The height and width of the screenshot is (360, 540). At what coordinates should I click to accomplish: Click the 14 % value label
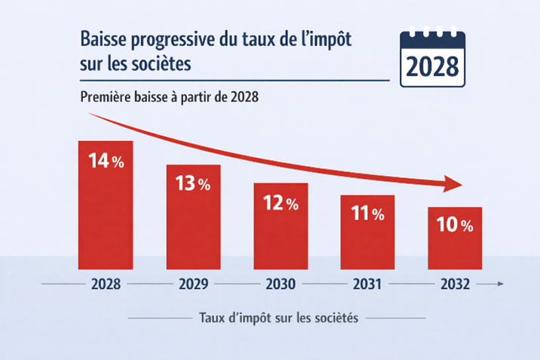106,162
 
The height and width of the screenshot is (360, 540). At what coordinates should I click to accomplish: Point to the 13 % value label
193,185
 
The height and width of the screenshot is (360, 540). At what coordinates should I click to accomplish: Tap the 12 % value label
281,203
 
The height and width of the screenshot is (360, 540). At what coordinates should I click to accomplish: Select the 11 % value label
367,214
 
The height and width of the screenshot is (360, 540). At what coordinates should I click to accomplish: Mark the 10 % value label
455,225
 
